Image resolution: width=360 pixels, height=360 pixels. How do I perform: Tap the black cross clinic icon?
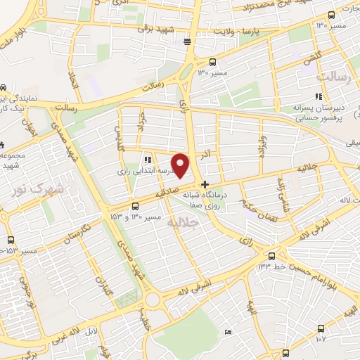pyautogui.click(x=205, y=185)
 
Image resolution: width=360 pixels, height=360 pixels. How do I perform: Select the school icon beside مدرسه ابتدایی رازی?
pyautogui.click(x=148, y=160)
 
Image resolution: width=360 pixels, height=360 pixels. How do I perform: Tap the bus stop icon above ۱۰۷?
pyautogui.click(x=321, y=328)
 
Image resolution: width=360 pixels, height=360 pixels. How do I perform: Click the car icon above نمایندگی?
pyautogui.click(x=4, y=88)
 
